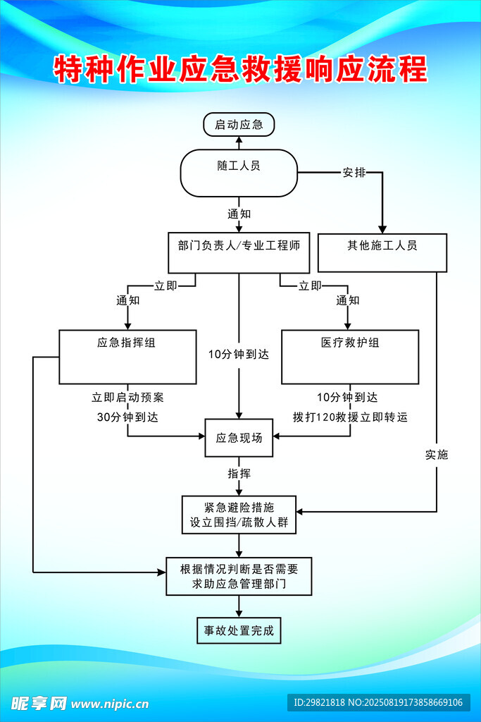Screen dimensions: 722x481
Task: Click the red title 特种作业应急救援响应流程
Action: (240, 70)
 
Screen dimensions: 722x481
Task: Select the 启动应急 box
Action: (239, 125)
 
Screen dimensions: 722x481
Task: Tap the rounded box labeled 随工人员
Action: (239, 172)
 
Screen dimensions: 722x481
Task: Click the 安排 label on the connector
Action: (354, 173)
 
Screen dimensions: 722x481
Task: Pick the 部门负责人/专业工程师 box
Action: (239, 252)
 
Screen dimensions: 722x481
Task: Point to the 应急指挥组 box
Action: (127, 356)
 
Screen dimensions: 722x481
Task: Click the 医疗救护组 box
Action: (350, 356)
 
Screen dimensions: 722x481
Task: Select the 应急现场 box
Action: (239, 438)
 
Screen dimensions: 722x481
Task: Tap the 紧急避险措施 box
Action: (239, 515)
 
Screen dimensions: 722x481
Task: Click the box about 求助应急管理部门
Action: (239, 576)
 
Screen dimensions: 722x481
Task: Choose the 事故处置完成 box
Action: (239, 630)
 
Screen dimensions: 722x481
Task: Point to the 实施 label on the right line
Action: (437, 455)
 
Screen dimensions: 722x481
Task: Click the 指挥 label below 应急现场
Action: (239, 473)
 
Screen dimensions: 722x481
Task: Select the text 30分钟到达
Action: (127, 417)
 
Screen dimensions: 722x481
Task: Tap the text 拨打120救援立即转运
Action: (350, 417)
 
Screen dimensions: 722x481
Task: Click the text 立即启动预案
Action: (127, 397)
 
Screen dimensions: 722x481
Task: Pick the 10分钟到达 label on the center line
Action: (239, 355)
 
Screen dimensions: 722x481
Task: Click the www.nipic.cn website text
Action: (110, 704)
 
